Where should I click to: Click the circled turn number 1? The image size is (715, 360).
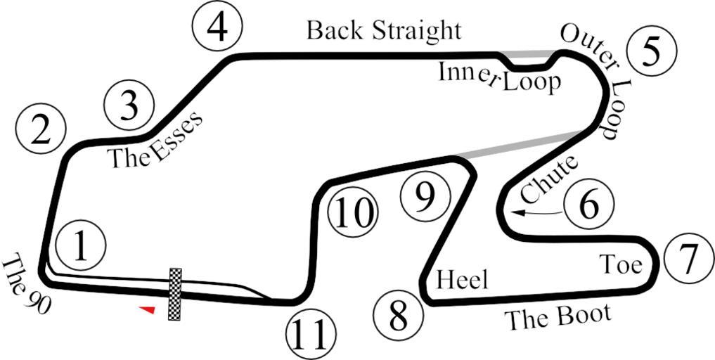(x=82, y=247)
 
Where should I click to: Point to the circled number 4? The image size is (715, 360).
(x=218, y=27)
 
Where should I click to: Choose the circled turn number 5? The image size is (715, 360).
(x=652, y=51)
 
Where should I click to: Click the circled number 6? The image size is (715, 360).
(x=589, y=205)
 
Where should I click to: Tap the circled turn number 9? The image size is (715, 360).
(x=424, y=198)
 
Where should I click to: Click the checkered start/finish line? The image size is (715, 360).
(x=175, y=294)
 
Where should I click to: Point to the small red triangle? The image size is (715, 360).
(x=147, y=309)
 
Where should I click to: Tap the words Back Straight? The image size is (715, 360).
(x=384, y=31)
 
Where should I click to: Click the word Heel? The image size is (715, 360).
(x=462, y=280)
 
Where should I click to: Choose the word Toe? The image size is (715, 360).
(x=621, y=264)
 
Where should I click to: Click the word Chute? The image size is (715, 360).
(x=549, y=179)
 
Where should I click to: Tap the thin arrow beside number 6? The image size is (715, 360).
(x=538, y=211)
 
